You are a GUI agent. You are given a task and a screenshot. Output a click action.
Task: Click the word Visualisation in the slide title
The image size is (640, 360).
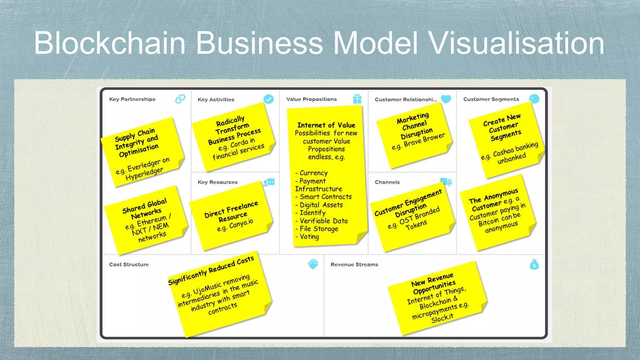pyautogui.click(x=516, y=43)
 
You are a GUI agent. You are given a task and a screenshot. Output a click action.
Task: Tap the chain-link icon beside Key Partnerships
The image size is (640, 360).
pyautogui.click(x=180, y=99)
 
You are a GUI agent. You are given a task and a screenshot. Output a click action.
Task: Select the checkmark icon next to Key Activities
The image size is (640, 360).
pyautogui.click(x=268, y=99)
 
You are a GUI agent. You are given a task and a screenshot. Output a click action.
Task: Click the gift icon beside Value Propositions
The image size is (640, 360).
pyautogui.click(x=357, y=99)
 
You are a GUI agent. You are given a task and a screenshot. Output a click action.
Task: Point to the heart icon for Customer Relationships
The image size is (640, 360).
pyautogui.click(x=446, y=99)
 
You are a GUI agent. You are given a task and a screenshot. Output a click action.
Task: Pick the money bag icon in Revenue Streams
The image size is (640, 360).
pyautogui.click(x=534, y=265)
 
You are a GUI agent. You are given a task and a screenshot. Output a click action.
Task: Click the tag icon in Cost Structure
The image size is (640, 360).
pyautogui.click(x=313, y=264)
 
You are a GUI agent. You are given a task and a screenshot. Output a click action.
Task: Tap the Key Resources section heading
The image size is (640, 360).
pyautogui.click(x=217, y=182)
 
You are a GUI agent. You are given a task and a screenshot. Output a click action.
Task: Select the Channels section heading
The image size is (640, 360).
pyautogui.click(x=387, y=182)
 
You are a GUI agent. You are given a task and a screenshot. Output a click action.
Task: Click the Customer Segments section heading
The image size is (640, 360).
pyautogui.click(x=491, y=99)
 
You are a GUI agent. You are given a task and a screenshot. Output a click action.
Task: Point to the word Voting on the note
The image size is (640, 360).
pyautogui.click(x=309, y=237)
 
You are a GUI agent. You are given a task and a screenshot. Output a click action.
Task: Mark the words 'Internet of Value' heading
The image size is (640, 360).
pyautogui.click(x=326, y=125)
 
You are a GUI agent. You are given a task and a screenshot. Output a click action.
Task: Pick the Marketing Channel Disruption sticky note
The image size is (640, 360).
pyautogui.click(x=414, y=135)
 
